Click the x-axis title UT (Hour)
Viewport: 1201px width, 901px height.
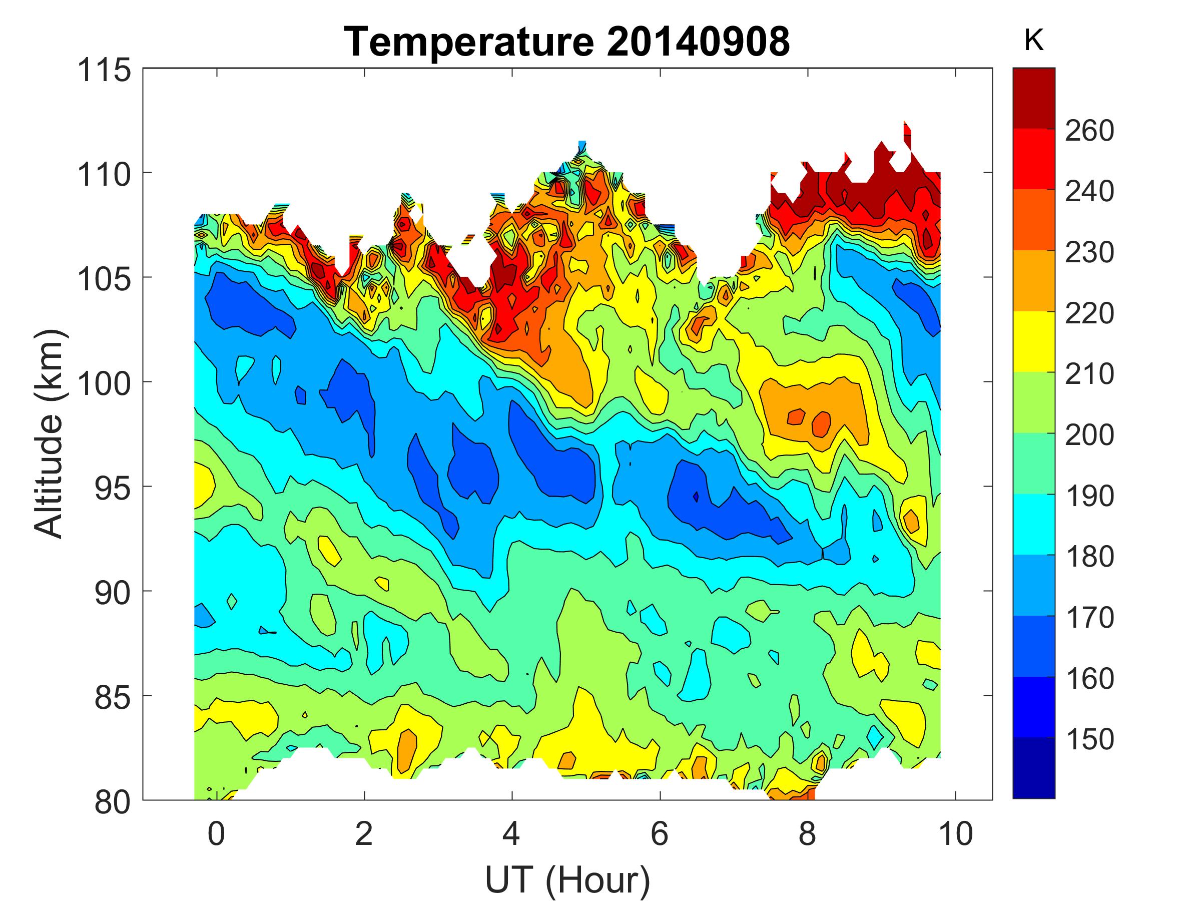(x=567, y=879)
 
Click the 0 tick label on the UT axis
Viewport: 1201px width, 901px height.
(x=216, y=833)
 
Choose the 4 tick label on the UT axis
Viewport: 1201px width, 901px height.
(x=511, y=833)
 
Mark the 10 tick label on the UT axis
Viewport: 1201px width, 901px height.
(x=956, y=833)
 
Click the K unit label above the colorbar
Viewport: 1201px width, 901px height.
(x=1033, y=40)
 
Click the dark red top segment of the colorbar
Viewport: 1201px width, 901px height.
(x=1033, y=98)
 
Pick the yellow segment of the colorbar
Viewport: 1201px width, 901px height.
(x=1033, y=341)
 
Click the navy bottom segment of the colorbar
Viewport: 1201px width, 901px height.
(x=1033, y=767)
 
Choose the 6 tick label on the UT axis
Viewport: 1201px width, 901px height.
(x=660, y=833)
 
